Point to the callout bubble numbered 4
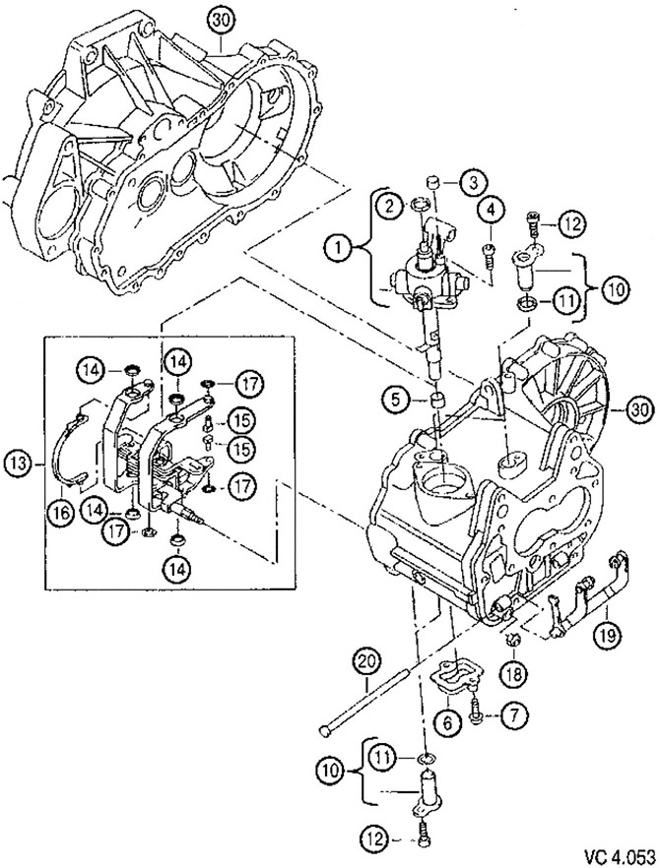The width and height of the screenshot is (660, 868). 490,210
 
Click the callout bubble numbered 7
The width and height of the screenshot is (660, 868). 511,716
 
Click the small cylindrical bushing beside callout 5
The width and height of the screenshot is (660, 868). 432,402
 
